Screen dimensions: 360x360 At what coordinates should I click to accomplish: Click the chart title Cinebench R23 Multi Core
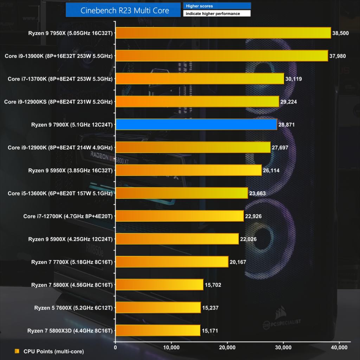[125, 11]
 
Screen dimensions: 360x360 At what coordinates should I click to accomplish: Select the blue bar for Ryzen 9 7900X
[196, 124]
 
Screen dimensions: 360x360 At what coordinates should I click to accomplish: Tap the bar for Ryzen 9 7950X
[223, 33]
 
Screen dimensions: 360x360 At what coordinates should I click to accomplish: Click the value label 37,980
[339, 56]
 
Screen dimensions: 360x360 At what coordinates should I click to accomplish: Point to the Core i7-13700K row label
[60, 79]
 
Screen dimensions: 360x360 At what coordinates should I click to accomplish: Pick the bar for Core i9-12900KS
[197, 102]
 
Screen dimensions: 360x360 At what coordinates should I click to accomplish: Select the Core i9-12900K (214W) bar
[193, 147]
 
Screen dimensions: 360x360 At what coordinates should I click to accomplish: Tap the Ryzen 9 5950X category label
[70, 170]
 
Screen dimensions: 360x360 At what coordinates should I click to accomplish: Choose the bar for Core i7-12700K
[179, 216]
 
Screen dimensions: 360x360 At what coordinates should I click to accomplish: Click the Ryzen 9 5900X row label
[70, 239]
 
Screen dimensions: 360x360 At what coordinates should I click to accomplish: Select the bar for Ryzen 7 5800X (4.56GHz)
[159, 284]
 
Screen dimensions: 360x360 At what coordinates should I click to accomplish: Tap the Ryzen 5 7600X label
[73, 307]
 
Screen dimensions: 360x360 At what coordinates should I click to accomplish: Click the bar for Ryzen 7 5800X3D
[158, 330]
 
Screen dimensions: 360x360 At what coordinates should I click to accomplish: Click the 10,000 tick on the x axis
[171, 347]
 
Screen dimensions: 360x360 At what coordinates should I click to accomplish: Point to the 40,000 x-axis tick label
[339, 347]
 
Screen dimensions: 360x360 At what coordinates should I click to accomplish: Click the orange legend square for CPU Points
[17, 351]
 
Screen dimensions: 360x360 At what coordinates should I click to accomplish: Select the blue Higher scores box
[217, 6]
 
